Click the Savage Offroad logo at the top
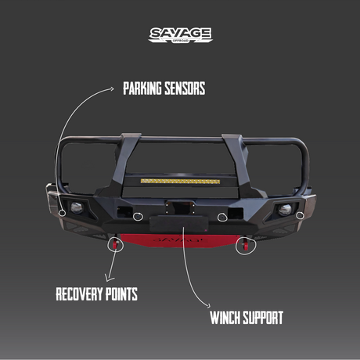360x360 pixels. click(180, 35)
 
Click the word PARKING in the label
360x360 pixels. click(142, 88)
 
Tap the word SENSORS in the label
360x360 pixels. click(185, 88)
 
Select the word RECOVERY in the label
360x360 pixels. click(79, 294)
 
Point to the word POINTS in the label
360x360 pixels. click(121, 294)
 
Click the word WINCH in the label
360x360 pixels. click(225, 318)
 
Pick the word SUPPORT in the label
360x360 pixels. click(263, 318)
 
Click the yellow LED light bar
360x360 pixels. click(180, 181)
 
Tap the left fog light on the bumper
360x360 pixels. click(77, 207)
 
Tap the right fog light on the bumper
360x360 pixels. click(285, 210)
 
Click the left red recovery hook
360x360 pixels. click(115, 244)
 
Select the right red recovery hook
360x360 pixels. click(246, 245)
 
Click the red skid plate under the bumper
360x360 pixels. click(180, 240)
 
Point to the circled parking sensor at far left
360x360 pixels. click(62, 213)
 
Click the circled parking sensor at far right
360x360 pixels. click(300, 215)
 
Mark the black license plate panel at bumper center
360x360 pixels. click(179, 224)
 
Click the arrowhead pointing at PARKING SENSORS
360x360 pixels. click(112, 88)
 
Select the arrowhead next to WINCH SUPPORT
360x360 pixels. click(208, 305)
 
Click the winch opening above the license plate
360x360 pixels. click(180, 207)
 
